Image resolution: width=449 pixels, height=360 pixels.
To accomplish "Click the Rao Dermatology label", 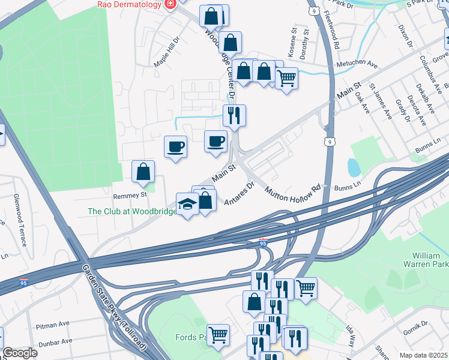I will pyautogui.click(x=130, y=4).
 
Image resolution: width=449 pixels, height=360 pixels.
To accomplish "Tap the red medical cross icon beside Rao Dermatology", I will pyautogui.click(x=170, y=4).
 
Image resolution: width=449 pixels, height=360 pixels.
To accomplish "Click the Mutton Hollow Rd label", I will pyautogui.click(x=293, y=195).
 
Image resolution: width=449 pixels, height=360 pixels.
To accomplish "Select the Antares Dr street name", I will pyautogui.click(x=240, y=193).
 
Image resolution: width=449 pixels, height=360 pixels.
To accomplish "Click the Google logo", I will pyautogui.click(x=20, y=353).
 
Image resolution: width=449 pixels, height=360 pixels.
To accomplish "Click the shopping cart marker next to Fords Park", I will pyautogui.click(x=218, y=334).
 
